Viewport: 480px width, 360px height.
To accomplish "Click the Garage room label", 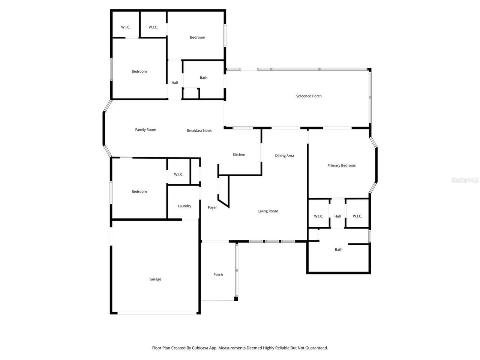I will pos(155,279).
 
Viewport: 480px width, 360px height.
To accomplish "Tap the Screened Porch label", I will pos(309,96).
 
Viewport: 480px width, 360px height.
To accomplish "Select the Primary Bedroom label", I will pos(342,165).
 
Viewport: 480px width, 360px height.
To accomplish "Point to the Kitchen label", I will pos(239,154).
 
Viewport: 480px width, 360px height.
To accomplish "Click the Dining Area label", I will pos(284,156).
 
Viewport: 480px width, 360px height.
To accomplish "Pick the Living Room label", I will pos(268,211).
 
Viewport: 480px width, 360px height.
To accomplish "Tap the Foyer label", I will pos(212,207).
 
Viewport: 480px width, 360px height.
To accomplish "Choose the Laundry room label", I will pos(184,206).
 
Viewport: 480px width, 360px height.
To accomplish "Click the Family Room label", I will pos(145,130).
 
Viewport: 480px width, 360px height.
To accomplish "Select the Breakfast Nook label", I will pos(199,130).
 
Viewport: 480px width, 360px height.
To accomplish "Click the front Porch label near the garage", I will pos(218,274).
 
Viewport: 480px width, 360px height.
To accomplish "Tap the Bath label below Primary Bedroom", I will pos(339,249).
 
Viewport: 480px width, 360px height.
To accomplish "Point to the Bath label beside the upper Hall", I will pos(204,78).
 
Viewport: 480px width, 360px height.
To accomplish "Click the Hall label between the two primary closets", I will pos(337,216).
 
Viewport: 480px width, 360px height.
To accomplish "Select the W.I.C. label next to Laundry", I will pos(178,174).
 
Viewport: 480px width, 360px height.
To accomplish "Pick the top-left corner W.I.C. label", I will pos(126,27).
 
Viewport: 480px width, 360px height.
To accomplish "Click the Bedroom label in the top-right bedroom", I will pos(197,37).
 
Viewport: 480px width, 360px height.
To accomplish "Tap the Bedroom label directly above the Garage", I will pos(139,192).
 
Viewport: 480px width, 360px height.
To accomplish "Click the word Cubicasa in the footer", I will pos(202,348).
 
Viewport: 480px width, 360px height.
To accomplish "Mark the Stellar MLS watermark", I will pos(465,180).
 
